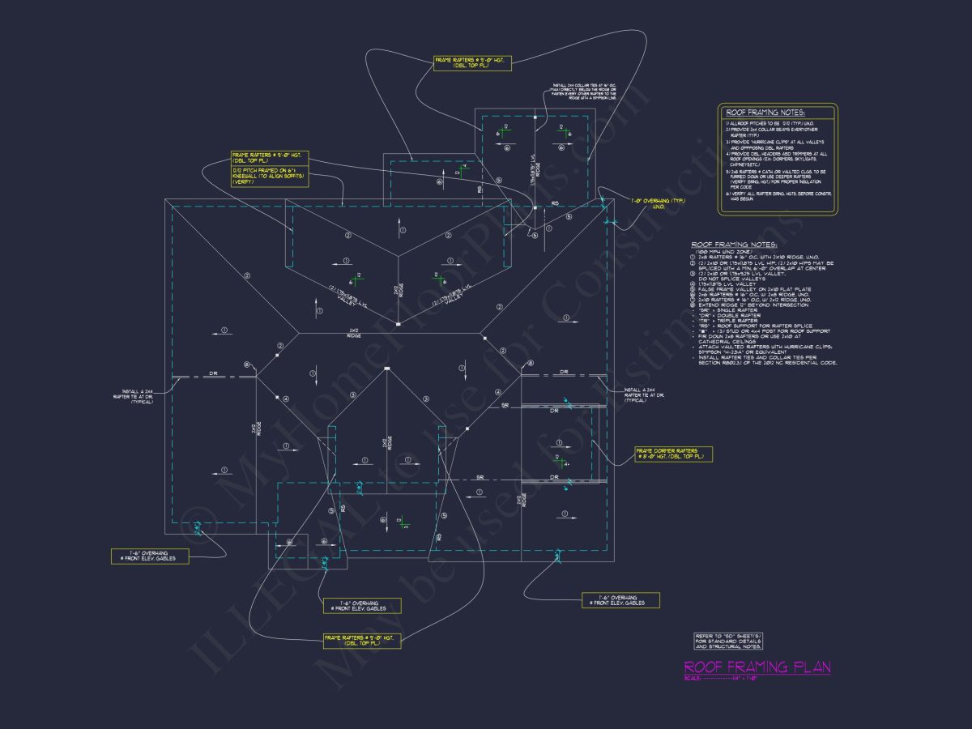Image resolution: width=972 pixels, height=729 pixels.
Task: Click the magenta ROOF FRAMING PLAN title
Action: (757, 667)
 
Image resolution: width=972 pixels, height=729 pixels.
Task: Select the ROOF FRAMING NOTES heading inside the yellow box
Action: (766, 113)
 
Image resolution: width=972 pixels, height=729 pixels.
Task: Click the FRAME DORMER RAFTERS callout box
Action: (673, 454)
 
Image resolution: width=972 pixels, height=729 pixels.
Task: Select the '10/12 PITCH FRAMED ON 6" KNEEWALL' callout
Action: (270, 176)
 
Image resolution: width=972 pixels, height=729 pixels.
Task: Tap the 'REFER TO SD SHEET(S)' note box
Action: (728, 642)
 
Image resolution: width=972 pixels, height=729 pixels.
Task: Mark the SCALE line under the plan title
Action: (721, 678)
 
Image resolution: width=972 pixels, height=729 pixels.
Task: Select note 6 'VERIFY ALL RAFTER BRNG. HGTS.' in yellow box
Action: (774, 196)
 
